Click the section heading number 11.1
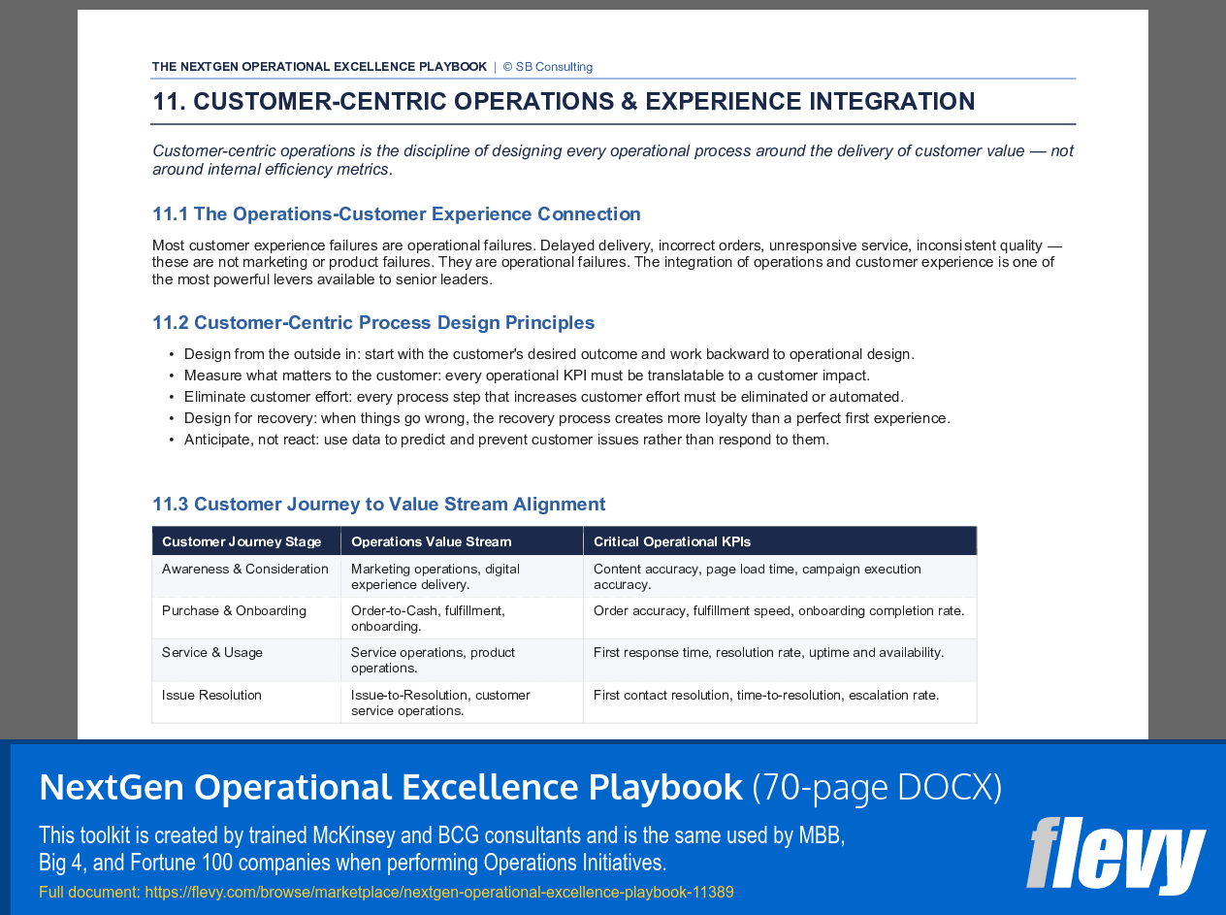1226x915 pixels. [x=171, y=214]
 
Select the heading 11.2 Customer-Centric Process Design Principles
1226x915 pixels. [x=373, y=323]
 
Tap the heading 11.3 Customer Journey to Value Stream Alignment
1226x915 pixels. [x=378, y=505]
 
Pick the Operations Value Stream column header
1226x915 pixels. [x=431, y=541]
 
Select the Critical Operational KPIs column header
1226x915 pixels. [x=671, y=541]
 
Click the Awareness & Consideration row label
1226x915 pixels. [x=245, y=570]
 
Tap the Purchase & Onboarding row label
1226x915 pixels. [x=234, y=611]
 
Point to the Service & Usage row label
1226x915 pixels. [x=212, y=653]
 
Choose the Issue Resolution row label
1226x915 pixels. [x=211, y=696]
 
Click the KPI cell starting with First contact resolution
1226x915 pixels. [x=766, y=696]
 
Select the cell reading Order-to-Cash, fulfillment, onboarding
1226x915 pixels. [x=428, y=618]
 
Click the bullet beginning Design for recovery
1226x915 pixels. [x=566, y=418]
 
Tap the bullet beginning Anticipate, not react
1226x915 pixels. [x=506, y=440]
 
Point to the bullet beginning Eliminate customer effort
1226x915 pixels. [x=543, y=397]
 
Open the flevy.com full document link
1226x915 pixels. [x=438, y=893]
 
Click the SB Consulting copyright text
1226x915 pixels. [x=547, y=67]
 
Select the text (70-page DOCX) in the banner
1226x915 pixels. [x=877, y=787]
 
